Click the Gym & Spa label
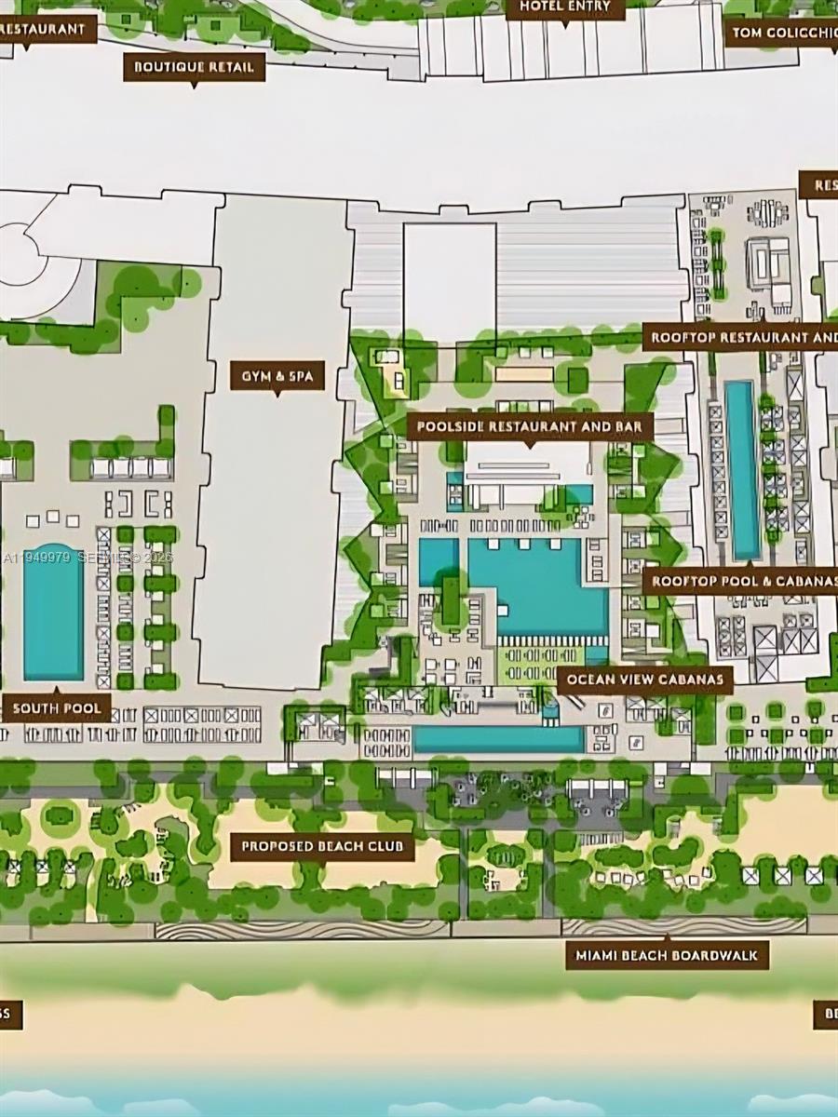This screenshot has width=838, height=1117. click(x=277, y=376)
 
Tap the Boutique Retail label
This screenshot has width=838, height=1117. click(x=194, y=67)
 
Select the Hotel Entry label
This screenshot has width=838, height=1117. click(x=565, y=7)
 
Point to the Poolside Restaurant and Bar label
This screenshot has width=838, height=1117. click(x=530, y=427)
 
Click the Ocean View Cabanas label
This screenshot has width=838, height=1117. click(x=644, y=679)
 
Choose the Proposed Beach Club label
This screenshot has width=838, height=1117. click(x=322, y=846)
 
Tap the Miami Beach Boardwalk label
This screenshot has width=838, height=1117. click(x=667, y=955)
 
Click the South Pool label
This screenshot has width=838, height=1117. click(x=57, y=707)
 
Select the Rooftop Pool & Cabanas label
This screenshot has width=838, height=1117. click(x=740, y=582)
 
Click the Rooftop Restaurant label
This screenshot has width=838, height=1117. click(x=740, y=336)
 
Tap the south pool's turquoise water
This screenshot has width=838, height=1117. click(x=53, y=612)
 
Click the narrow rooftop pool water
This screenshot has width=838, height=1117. click(x=742, y=469)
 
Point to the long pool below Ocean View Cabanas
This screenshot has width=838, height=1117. click(x=498, y=739)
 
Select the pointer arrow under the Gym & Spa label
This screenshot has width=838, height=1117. click(x=277, y=394)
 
